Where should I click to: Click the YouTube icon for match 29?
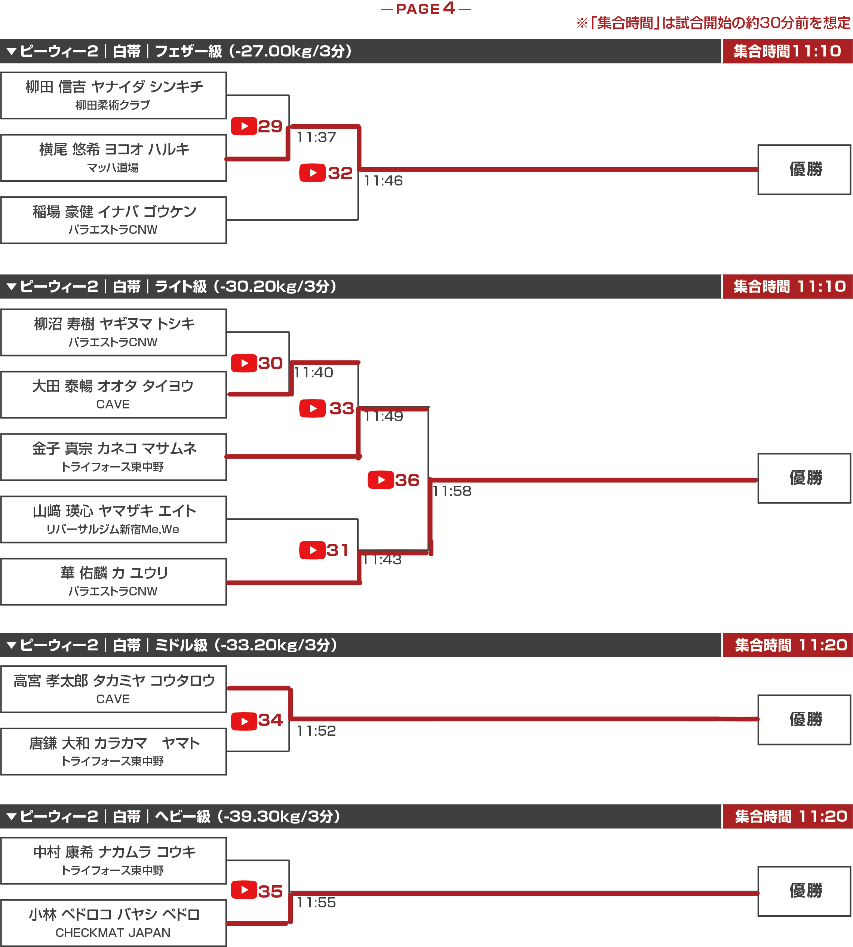(x=244, y=126)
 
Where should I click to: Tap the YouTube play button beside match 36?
(x=381, y=479)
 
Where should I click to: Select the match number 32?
(x=340, y=173)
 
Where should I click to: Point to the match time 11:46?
(x=383, y=181)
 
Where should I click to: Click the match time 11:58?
(x=452, y=491)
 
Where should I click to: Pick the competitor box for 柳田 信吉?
(x=113, y=95)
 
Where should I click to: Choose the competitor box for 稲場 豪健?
(x=113, y=220)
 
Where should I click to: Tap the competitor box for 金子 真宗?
(x=113, y=457)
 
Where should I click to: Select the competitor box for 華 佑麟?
(x=113, y=581)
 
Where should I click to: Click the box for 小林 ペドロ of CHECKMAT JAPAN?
(x=113, y=923)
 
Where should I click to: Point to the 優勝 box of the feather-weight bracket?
(x=804, y=170)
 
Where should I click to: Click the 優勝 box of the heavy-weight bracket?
(x=804, y=891)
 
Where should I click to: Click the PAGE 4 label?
(x=426, y=9)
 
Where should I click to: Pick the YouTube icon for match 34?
(x=244, y=721)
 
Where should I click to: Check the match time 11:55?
(x=316, y=902)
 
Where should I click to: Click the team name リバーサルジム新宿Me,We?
(x=113, y=529)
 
